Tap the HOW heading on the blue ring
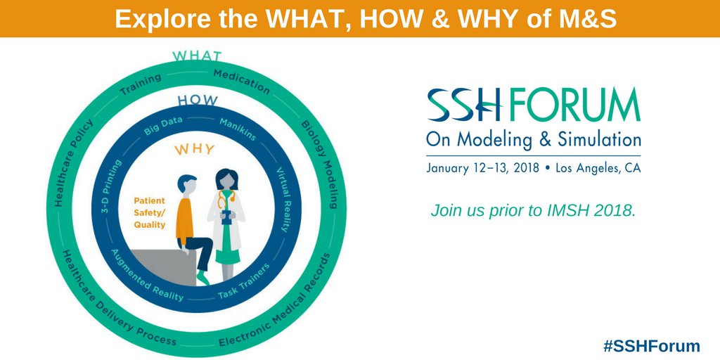click(198, 100)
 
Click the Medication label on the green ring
click(240, 82)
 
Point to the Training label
click(141, 84)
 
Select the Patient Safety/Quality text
click(150, 212)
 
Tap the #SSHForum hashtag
click(652, 345)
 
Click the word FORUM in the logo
click(572, 105)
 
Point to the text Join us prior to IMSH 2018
click(533, 210)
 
